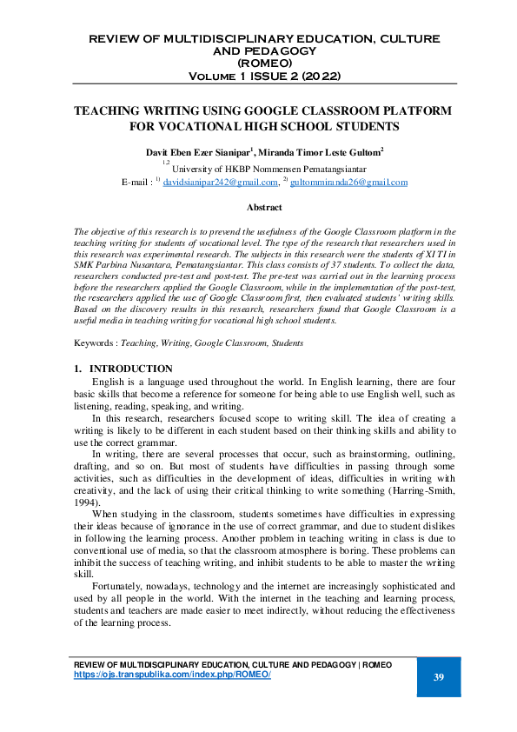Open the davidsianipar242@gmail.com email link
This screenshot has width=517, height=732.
[x=221, y=183]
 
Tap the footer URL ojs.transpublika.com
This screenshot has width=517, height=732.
[x=173, y=675]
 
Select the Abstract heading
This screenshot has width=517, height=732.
[x=264, y=208]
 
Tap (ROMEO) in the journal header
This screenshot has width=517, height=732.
[x=264, y=63]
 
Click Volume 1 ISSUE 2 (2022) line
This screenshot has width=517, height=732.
[x=264, y=76]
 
